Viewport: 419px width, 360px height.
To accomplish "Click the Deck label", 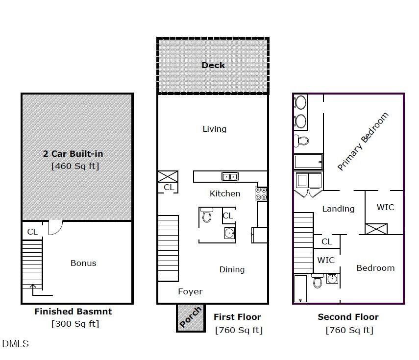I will click(213, 65).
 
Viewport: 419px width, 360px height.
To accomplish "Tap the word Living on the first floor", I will click(214, 129).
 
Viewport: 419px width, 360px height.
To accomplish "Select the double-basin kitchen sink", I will click(229, 177).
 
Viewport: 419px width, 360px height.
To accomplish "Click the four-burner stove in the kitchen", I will click(261, 193).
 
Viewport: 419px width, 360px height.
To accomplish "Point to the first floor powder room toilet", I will click(206, 215).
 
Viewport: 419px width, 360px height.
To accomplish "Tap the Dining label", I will click(232, 269).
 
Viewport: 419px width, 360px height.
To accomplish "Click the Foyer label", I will click(190, 291).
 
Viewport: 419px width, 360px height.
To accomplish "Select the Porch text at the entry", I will click(190, 317).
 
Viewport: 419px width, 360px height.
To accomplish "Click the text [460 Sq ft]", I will click(75, 166).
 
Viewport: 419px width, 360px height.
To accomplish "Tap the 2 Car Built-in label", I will click(73, 154).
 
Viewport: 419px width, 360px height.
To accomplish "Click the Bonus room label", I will click(83, 263).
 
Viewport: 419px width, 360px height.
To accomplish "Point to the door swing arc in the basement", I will click(56, 227).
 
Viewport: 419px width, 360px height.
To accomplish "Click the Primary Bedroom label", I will click(363, 142).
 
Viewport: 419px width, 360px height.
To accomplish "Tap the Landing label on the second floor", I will click(338, 209).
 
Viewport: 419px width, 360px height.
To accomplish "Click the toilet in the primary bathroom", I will click(302, 141).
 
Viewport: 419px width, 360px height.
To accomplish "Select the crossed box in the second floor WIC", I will click(376, 229).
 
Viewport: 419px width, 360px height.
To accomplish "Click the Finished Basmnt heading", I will click(73, 312).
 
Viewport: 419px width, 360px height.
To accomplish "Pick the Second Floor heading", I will click(348, 317).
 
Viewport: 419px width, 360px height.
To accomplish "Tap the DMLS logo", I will click(15, 344).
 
